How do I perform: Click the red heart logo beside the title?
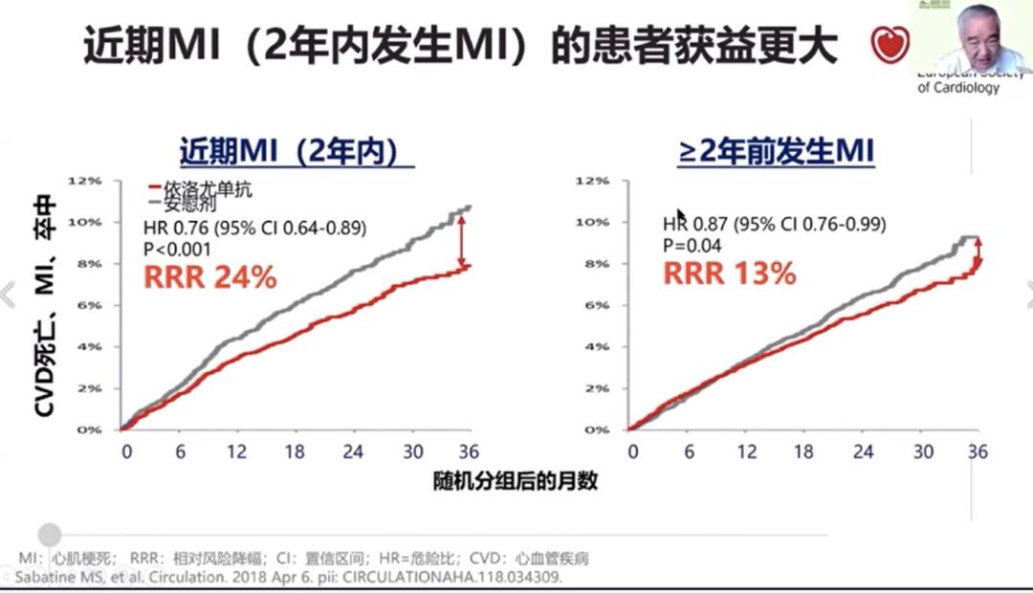click(887, 44)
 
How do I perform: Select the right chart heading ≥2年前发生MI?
click(776, 153)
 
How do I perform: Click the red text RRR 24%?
click(209, 277)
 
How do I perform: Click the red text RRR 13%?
click(730, 274)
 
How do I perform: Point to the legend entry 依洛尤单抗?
click(206, 189)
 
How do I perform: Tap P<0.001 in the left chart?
click(176, 249)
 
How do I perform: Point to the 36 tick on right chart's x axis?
click(976, 451)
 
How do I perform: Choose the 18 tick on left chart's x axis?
click(296, 451)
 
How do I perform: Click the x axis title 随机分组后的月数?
click(515, 481)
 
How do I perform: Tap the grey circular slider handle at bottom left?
click(50, 535)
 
